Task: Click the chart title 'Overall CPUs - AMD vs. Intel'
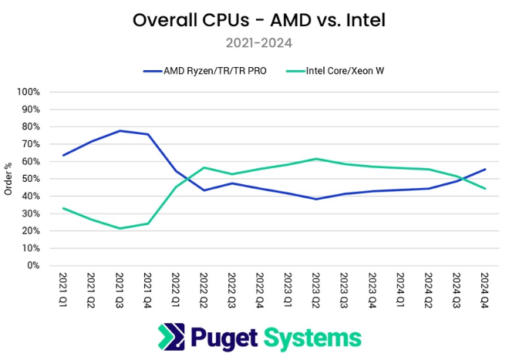tap(259, 20)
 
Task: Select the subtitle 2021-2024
tap(259, 43)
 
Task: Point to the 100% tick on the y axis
tap(28, 93)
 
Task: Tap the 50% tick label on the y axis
tap(30, 179)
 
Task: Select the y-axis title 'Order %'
tap(8, 179)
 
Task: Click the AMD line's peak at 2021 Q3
tap(120, 131)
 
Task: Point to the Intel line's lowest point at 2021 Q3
tap(120, 228)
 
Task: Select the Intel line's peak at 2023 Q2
tap(316, 159)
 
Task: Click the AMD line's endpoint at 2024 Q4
tap(484, 169)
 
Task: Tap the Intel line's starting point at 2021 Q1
tap(63, 208)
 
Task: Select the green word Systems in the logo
tap(312, 337)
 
